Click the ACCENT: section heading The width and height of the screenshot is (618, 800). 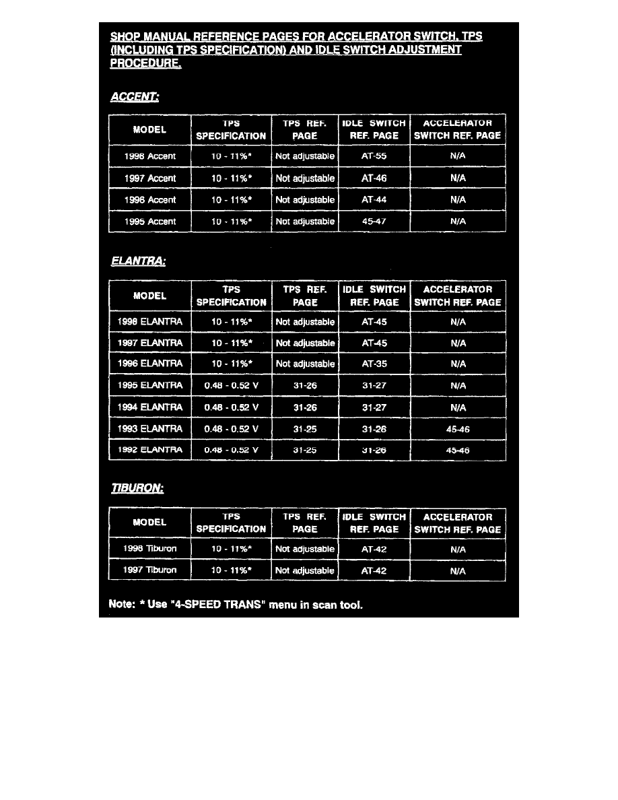134,98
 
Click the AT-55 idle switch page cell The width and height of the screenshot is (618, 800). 374,156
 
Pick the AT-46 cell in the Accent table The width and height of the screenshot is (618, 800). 374,178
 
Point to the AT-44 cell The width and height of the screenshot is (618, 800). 374,200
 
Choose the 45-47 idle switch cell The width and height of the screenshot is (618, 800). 374,222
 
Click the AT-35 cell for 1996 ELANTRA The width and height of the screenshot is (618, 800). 374,364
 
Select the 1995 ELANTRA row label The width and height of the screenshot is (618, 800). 149,386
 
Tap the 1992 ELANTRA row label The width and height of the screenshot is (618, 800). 149,451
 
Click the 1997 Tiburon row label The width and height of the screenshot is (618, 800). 149,570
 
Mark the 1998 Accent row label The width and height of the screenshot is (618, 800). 149,156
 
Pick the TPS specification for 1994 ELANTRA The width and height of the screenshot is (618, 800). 231,407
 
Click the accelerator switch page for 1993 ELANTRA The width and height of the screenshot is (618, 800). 458,429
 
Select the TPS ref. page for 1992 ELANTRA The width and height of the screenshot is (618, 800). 305,451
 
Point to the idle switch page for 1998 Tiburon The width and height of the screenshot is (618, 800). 374,549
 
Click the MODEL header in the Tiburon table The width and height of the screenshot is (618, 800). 149,523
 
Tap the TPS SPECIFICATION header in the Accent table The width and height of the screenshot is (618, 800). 231,130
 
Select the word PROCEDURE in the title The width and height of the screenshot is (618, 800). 145,65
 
